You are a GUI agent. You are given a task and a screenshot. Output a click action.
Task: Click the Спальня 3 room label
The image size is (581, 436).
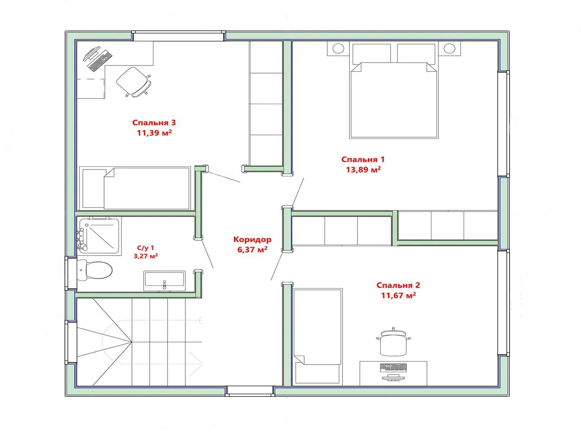click(154, 123)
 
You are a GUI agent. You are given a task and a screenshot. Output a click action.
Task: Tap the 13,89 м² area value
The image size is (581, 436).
click(364, 169)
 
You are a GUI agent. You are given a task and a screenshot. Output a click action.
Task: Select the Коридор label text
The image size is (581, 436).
click(252, 239)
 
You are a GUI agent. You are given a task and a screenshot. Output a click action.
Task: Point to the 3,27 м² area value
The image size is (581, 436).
click(146, 256)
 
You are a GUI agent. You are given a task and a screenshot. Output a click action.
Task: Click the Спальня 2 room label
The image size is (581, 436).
click(398, 285)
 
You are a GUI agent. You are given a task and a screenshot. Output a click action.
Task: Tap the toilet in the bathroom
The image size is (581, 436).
click(94, 270)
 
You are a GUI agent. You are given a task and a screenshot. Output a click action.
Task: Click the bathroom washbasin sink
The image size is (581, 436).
click(164, 281)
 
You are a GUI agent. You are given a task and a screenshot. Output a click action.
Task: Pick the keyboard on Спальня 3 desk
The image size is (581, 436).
click(100, 61)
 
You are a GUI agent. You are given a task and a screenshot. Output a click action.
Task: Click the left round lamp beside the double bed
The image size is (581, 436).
click(338, 48)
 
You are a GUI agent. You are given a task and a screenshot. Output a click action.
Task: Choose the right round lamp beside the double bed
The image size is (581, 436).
click(449, 48)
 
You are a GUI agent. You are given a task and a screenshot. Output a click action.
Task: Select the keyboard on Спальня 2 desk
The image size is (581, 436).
click(393, 367)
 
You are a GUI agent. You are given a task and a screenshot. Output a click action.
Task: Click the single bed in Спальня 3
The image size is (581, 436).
click(135, 188)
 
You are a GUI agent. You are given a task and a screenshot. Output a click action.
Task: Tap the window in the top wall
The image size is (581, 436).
click(178, 36)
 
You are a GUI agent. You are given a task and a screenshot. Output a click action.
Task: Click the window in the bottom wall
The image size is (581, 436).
click(250, 391)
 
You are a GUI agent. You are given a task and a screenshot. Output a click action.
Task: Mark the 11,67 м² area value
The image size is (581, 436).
click(398, 295)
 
